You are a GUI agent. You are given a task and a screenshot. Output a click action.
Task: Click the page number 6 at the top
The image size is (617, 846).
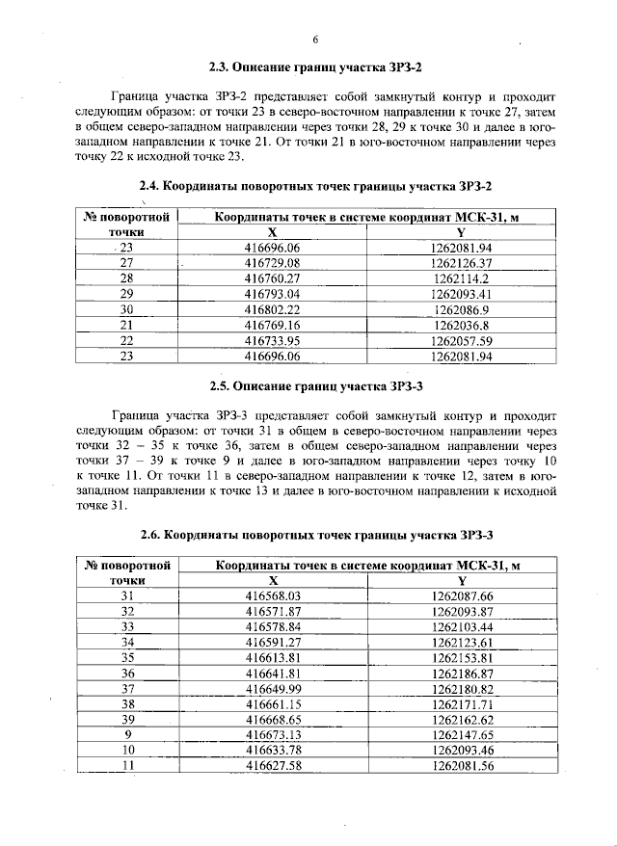[x=315, y=40]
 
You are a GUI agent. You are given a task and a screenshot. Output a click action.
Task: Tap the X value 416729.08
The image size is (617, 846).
[x=273, y=262]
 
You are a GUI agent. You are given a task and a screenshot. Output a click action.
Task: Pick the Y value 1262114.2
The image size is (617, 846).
[x=462, y=278]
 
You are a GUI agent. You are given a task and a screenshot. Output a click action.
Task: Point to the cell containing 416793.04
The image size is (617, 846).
[x=273, y=293]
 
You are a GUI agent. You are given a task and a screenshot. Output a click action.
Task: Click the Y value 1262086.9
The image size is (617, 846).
[x=462, y=309]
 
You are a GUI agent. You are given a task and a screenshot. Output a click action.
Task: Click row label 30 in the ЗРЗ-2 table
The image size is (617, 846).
[x=126, y=309]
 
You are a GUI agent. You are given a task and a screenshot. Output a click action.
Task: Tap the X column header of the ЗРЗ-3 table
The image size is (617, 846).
[x=273, y=581]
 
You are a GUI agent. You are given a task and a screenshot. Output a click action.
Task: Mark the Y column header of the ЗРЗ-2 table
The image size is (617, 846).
[x=462, y=232]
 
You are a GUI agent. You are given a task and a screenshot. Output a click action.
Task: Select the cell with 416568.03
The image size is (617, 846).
[x=273, y=596]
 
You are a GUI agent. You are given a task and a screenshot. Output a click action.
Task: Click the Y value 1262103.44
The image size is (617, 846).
[x=462, y=626]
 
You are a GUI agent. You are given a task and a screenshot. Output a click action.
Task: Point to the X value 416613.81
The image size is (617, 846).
[x=273, y=657]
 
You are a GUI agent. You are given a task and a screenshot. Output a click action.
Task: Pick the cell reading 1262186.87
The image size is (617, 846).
[x=462, y=673]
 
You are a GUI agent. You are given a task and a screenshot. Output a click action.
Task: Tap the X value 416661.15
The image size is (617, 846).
[x=273, y=703]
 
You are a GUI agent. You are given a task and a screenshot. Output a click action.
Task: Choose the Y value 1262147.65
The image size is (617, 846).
[x=462, y=734]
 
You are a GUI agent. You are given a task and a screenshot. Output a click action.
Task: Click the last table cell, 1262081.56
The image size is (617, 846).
[x=462, y=765]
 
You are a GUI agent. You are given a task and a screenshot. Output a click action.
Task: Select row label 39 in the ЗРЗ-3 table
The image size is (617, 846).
[x=126, y=719]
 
